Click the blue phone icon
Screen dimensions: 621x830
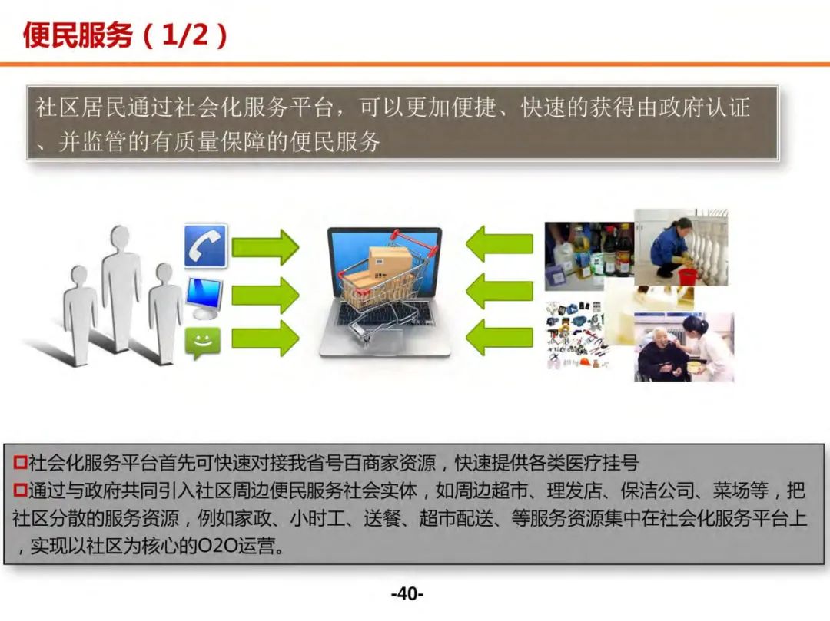[x=205, y=246]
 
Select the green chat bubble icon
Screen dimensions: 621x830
[x=203, y=342]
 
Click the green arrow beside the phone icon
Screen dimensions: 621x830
[x=264, y=246]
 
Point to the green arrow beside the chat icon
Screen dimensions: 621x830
[x=264, y=338]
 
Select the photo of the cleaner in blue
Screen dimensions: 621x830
[x=681, y=247]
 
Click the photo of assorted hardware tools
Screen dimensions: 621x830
[x=576, y=334]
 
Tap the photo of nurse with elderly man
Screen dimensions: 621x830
[x=683, y=347]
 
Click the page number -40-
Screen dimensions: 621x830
[x=407, y=594]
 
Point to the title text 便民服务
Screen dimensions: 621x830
[x=78, y=35]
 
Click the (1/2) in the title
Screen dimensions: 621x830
[x=184, y=35]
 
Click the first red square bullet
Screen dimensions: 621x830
[x=21, y=463]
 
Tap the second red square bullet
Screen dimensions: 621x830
[x=21, y=491]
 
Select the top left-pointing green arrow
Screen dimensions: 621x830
[x=500, y=244]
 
